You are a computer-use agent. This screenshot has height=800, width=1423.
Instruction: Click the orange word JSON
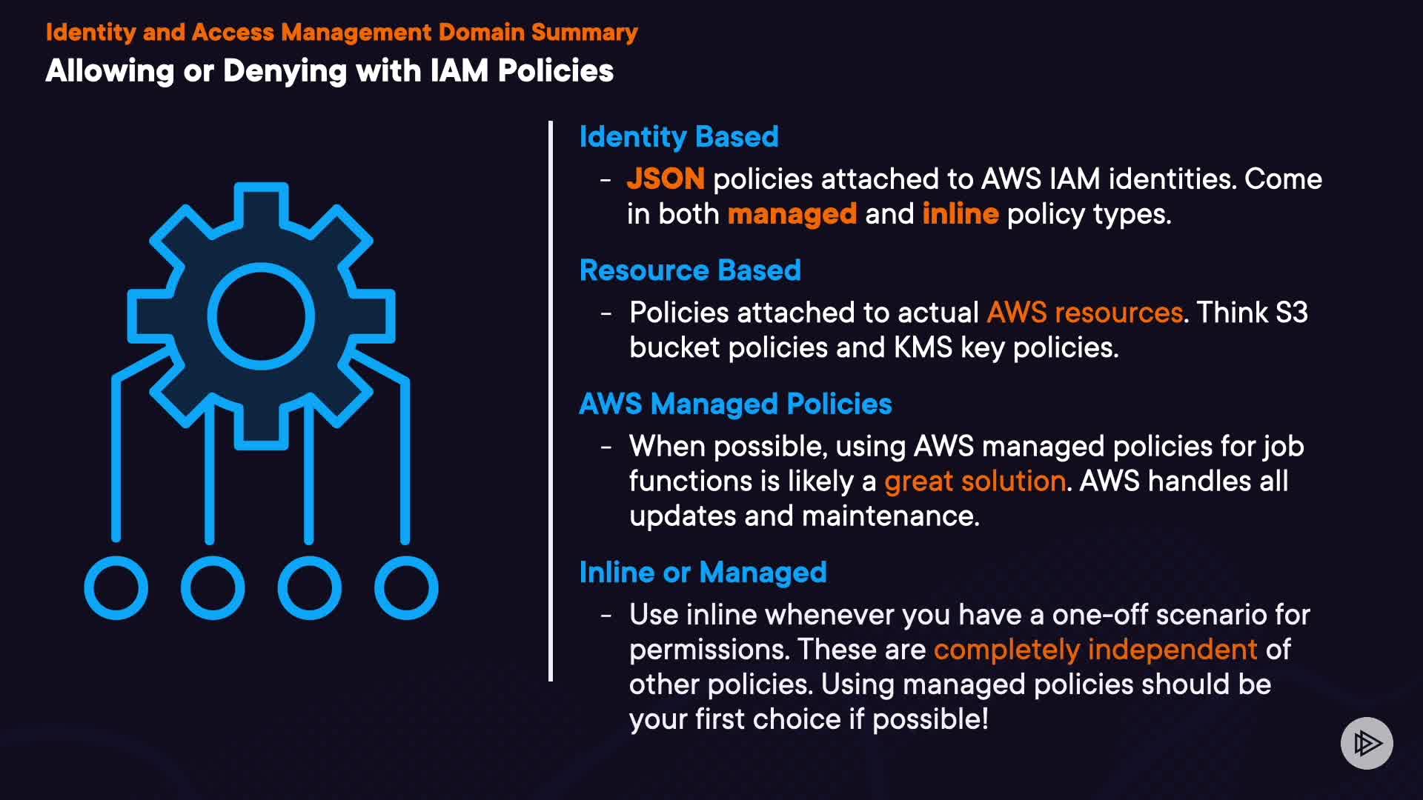pos(666,179)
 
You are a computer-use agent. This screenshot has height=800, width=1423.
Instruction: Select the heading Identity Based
pos(679,137)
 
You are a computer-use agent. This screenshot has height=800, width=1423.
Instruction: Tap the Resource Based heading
pos(690,270)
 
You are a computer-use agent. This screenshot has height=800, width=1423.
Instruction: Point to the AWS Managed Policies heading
pos(735,404)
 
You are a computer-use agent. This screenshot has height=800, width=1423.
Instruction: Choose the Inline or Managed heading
pos(703,573)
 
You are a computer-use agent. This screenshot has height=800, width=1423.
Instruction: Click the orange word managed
pos(792,215)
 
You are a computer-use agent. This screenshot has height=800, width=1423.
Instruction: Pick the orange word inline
pos(961,213)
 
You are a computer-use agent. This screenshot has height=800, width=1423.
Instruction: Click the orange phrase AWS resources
pos(1085,313)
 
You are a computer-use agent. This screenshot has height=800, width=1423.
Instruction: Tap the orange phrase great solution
pos(975,481)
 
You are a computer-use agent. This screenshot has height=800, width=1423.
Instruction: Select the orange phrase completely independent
pos(1095,650)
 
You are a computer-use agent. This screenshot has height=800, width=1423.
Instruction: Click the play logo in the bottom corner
pos(1367,743)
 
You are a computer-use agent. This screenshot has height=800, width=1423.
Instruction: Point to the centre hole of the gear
pos(261,316)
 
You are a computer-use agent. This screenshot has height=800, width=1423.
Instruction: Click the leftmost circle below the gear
pos(116,588)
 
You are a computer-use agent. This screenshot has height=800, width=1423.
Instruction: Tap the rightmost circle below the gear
pos(406,588)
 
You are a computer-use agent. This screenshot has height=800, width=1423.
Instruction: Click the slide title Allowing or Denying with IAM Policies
pos(330,71)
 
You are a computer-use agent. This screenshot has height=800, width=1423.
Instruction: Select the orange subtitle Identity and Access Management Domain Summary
pos(342,33)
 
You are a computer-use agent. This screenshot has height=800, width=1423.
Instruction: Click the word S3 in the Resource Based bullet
pos(1291,313)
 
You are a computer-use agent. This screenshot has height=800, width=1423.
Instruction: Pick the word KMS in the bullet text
pos(923,347)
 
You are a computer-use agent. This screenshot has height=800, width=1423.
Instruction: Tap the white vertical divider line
pos(551,401)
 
